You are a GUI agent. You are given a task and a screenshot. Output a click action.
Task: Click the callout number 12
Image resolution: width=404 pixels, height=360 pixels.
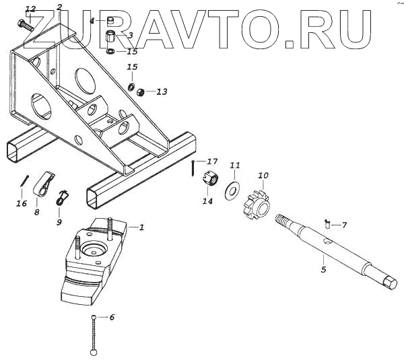coord(30,9)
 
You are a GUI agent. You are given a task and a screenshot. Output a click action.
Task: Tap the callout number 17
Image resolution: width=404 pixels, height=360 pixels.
coord(213,161)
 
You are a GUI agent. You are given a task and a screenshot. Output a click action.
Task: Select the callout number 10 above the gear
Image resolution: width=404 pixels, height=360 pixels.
coord(263,176)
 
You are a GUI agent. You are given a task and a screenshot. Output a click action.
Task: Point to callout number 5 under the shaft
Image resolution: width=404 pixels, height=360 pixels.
coord(323,270)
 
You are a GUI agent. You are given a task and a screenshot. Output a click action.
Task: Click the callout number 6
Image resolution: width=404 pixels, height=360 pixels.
coord(112,316)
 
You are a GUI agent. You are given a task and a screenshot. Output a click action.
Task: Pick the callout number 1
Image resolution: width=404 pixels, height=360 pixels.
coord(142,227)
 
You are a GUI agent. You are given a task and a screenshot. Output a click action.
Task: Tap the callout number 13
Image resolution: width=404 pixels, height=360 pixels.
coord(162,92)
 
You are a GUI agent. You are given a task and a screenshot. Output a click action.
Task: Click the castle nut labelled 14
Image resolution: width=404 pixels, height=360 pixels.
coord(209,181)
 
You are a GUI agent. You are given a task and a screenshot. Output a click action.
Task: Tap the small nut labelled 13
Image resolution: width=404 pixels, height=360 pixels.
coord(141,92)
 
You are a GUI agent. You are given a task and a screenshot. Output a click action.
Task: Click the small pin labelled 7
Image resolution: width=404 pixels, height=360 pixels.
coord(327,223)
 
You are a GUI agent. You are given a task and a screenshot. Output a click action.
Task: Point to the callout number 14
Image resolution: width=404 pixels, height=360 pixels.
coord(207,201)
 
